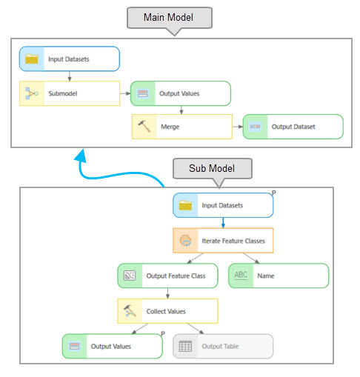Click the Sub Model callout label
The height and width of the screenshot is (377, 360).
point(213,168)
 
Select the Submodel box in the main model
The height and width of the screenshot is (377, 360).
point(69,93)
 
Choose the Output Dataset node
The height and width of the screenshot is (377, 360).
point(293,127)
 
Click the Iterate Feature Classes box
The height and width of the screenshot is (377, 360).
point(223,240)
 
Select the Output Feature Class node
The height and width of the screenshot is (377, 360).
point(167,276)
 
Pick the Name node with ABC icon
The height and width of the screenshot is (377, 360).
point(278,276)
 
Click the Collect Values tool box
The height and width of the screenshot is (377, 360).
point(167,311)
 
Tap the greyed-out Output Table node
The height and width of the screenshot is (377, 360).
point(223,346)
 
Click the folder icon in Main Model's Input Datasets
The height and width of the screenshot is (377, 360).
point(32,59)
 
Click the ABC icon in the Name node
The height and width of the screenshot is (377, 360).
point(241,276)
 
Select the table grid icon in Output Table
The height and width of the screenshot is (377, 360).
point(186,346)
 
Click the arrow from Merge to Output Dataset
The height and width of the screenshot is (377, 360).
point(236,127)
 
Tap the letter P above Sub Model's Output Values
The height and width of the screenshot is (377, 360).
point(163,335)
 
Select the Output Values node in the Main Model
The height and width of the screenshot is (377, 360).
point(181,93)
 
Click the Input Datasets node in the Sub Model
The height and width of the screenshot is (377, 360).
point(223,205)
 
